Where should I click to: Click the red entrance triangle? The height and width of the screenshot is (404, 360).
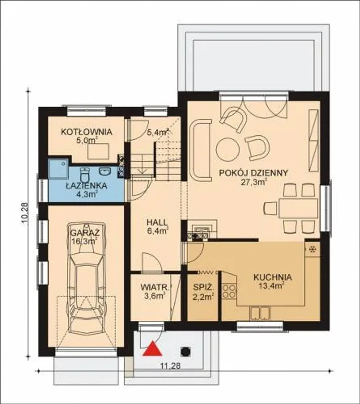152,349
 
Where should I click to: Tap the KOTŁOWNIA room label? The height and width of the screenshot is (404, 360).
86,132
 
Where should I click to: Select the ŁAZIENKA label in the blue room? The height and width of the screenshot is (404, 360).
87,186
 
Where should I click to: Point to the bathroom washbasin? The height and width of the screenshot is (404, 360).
105,171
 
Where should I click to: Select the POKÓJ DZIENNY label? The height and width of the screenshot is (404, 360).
253,173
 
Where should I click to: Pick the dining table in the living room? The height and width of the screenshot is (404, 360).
298,208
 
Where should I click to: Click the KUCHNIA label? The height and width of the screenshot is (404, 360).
273,277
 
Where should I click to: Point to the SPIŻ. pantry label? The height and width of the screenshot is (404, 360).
203,287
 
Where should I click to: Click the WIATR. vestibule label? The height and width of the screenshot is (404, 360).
156,287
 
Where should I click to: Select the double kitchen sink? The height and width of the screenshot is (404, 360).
260,314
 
